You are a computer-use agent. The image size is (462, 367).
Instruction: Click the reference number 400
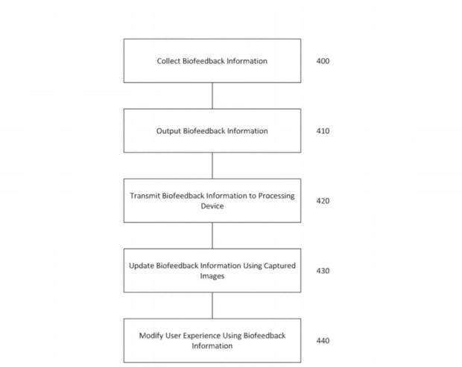tap(323, 61)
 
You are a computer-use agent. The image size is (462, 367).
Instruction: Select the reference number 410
tap(323, 131)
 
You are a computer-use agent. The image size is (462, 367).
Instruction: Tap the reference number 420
tap(323, 201)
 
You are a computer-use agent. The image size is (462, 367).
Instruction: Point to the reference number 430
tap(323, 270)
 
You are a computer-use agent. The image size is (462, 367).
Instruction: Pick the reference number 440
tap(323, 340)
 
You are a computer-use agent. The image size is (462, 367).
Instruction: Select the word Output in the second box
tap(168, 131)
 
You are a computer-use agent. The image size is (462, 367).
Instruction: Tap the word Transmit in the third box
tap(145, 196)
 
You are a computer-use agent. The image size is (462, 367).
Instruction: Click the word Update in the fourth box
tap(141, 266)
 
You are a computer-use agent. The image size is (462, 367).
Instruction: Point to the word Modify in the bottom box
tap(151, 336)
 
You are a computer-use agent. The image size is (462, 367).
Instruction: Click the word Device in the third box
tap(212, 206)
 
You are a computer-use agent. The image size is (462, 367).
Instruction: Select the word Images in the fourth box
tap(212, 276)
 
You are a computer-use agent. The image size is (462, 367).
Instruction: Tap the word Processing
tap(276, 196)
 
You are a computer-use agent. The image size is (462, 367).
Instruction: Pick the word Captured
tap(279, 266)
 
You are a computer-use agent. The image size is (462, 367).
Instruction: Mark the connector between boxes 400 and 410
tap(212, 95)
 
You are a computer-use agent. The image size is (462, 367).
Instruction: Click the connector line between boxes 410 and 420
tap(212, 165)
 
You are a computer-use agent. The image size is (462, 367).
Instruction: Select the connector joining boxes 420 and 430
tap(212, 235)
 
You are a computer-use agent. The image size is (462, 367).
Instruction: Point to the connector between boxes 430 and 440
tap(212, 305)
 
